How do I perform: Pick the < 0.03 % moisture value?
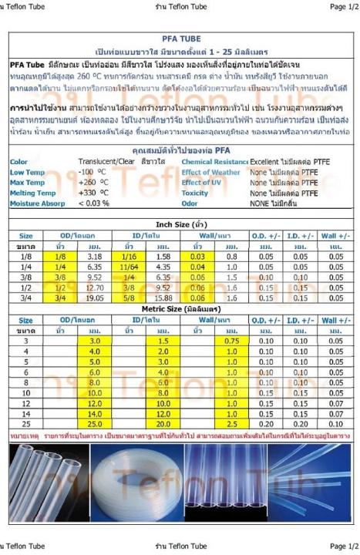[x=94, y=203]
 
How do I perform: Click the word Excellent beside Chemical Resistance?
[x=265, y=162]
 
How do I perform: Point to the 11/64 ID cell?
[x=130, y=266]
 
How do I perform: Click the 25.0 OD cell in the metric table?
[x=94, y=423]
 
